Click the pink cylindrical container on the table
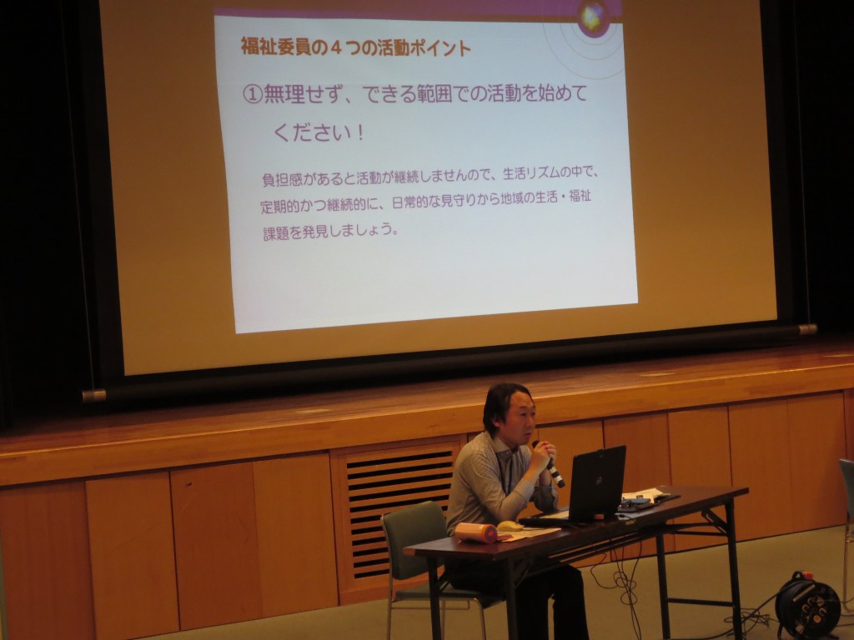(x=476, y=532)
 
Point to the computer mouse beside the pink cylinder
(x=510, y=527)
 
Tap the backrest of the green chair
(x=414, y=539)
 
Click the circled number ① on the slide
(x=252, y=94)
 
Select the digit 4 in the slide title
(x=336, y=47)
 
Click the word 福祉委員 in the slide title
(x=276, y=47)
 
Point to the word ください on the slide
(x=312, y=132)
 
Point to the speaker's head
(x=509, y=410)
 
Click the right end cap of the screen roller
(x=808, y=329)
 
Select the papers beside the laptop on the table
(x=646, y=497)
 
